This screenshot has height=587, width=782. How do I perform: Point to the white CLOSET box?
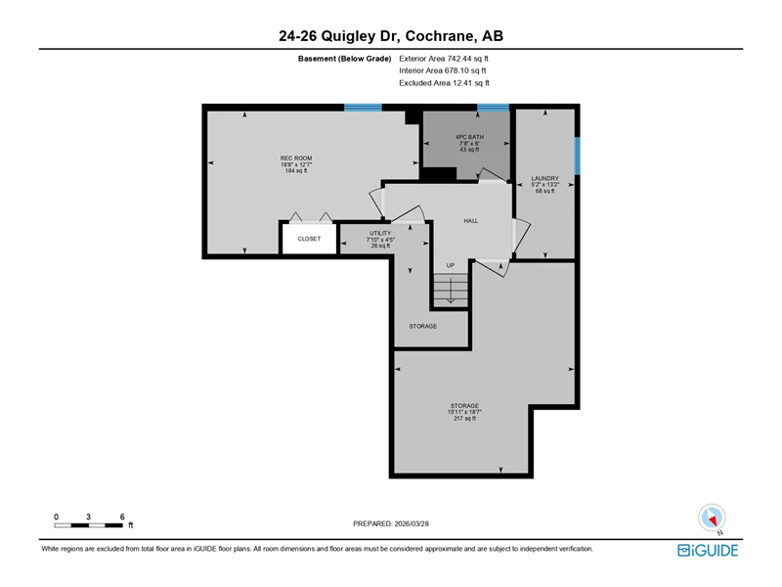pos(309,239)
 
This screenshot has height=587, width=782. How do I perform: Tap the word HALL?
pos(471,221)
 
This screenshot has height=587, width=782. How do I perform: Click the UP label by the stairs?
pos(451,265)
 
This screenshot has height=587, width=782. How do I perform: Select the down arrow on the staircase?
pos(451,291)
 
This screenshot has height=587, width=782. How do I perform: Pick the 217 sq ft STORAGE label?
pos(464,412)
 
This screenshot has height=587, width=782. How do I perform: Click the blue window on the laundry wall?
pos(577,156)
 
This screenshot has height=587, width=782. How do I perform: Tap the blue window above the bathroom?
pos(493,108)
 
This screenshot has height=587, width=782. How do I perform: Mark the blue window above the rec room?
pos(363,108)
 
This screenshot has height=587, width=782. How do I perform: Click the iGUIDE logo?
pos(708,550)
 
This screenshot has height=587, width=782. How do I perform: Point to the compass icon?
pos(712,519)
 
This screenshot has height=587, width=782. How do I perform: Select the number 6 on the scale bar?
pos(122,517)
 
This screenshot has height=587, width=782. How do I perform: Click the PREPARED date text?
pos(391,523)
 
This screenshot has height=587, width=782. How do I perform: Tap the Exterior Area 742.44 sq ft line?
pos(444,59)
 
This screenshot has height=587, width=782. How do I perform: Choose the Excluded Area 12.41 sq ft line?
pos(444,83)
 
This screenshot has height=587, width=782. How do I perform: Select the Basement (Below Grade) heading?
pos(345,59)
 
